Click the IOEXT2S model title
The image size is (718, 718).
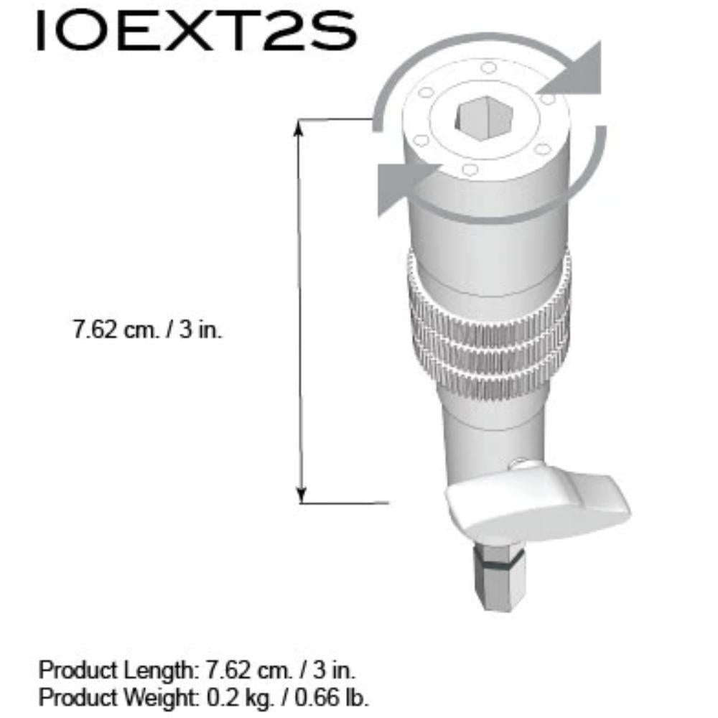point(197,31)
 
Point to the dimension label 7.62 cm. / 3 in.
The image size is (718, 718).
point(147,330)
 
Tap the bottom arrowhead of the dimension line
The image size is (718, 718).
point(302,495)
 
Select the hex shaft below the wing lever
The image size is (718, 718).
point(500,578)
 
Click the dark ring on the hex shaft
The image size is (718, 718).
point(499,562)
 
